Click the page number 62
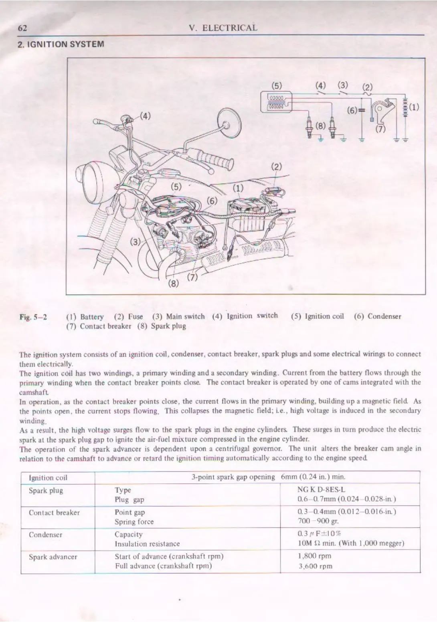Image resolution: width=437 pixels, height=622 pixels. click(x=22, y=28)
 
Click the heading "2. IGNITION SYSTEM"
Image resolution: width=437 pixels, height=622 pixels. click(x=61, y=44)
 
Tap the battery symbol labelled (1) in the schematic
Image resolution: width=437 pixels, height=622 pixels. click(x=405, y=108)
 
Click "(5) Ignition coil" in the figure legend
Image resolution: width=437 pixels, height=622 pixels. click(x=317, y=316)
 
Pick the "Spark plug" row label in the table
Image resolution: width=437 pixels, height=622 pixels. click(x=46, y=490)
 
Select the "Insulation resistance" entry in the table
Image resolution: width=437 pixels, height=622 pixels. click(x=147, y=544)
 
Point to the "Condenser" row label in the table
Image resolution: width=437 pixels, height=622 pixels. click(x=45, y=535)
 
